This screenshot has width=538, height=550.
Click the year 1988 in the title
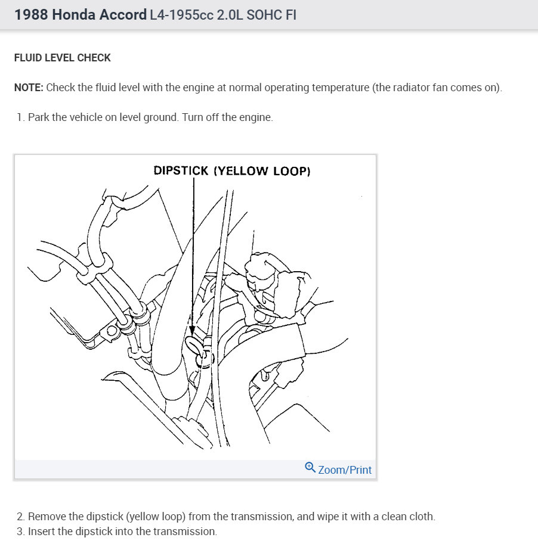point(31,15)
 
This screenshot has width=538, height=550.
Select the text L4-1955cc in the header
point(179,15)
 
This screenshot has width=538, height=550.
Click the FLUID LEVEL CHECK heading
point(63,58)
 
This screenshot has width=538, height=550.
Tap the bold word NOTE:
point(29,88)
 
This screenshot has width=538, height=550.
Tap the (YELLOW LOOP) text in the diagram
point(262,170)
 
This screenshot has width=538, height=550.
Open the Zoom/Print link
point(345,470)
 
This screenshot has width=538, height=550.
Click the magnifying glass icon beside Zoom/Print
point(310,468)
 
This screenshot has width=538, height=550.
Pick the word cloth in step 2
point(422,517)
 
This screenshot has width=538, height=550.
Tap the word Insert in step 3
point(42,532)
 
